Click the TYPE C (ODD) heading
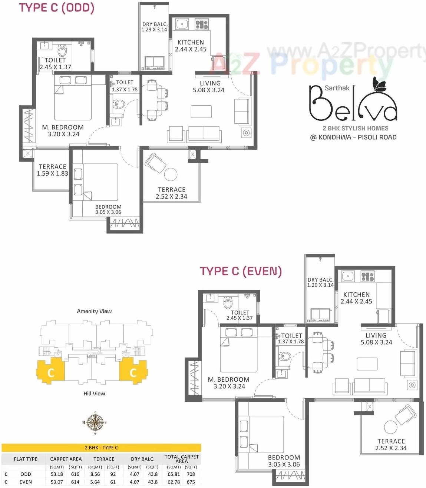(57, 8)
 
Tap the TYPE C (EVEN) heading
(241, 271)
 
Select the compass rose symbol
(95, 422)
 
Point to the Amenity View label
(94, 311)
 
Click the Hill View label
(94, 394)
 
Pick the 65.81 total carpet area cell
(174, 474)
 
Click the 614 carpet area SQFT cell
(75, 482)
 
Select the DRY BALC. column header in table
(142, 459)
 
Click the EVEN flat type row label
(26, 482)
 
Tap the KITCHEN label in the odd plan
(191, 42)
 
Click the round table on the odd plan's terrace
(171, 174)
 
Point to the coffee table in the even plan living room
(367, 364)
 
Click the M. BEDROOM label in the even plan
(229, 379)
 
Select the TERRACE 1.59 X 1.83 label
(52, 170)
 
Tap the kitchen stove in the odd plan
(202, 24)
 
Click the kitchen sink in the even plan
(348, 276)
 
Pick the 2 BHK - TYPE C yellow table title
(101, 448)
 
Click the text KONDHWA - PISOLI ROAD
(357, 137)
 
